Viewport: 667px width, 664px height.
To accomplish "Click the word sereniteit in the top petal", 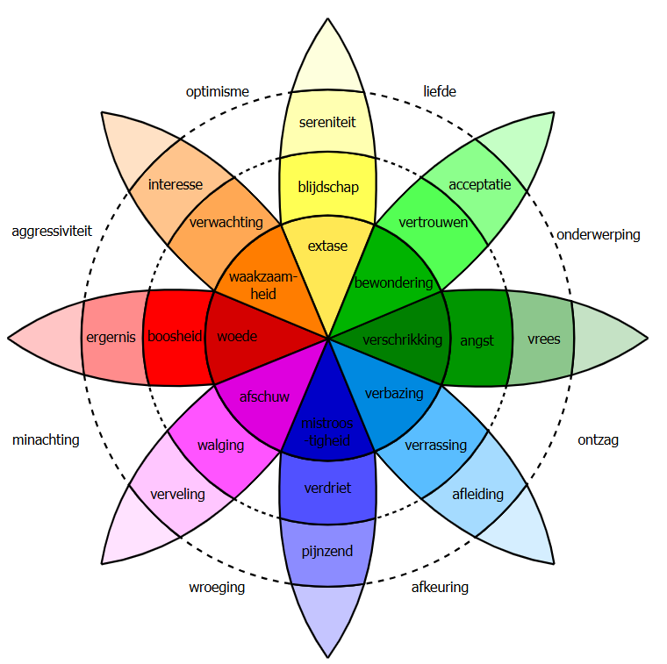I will (326, 122).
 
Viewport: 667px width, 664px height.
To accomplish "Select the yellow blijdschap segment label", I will (329, 187).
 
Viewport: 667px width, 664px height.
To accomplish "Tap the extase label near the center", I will (327, 246).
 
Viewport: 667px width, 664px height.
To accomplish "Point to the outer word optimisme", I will (217, 91).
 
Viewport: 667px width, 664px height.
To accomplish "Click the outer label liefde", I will (440, 91).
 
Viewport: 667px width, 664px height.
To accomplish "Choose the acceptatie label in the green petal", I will (479, 184).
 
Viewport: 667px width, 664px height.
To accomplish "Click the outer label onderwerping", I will (598, 234).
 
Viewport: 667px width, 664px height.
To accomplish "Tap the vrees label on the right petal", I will (544, 339).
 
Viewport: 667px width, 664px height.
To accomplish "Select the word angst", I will (477, 340).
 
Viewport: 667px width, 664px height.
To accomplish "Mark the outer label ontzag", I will (598, 439).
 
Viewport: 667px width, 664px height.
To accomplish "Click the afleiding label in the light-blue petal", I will (477, 494).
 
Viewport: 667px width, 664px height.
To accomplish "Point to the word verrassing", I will (435, 446).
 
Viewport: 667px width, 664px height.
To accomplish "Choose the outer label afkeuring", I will (440, 587).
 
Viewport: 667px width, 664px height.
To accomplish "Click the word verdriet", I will (328, 488).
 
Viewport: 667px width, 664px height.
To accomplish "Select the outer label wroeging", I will (217, 587).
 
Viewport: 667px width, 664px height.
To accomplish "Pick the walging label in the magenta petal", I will (220, 446).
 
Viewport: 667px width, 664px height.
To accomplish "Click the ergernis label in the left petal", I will (111, 337).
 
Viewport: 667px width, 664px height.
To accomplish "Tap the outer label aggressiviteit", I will (52, 232).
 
